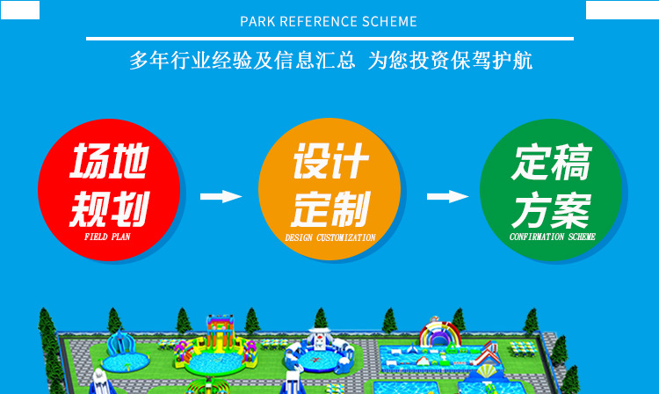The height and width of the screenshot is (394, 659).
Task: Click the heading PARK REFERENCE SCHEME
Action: (329, 21)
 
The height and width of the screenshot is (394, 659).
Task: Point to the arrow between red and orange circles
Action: (220, 196)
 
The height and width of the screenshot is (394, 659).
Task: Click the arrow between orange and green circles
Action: (447, 196)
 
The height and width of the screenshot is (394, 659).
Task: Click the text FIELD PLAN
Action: (109, 237)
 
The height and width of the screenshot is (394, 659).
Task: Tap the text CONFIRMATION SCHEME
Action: (553, 237)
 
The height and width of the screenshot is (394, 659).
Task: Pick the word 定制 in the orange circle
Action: (329, 209)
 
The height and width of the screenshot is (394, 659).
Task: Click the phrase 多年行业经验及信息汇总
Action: (243, 61)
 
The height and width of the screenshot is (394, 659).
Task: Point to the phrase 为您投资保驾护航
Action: (450, 61)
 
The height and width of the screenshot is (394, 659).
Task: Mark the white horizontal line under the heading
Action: (329, 39)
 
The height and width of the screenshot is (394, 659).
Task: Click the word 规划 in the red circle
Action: (109, 209)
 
